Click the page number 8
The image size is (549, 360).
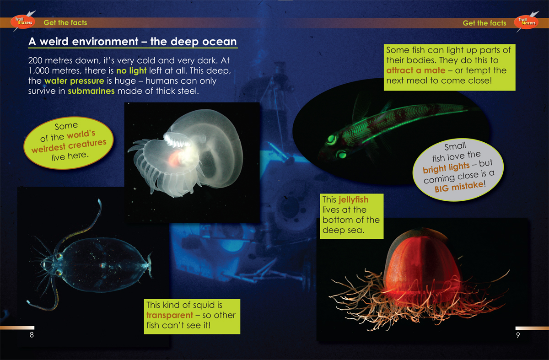click(32, 335)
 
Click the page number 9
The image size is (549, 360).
click(518, 335)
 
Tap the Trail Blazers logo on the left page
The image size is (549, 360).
click(23, 21)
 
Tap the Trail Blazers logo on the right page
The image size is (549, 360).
click(527, 22)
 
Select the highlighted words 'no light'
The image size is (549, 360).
click(131, 71)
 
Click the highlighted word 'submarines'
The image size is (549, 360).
click(91, 91)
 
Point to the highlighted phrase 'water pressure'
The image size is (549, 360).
click(74, 81)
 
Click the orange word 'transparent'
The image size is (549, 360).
click(170, 315)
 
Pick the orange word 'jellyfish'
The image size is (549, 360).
click(353, 200)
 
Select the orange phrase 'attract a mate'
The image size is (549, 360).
click(416, 70)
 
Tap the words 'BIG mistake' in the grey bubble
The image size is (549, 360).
click(459, 186)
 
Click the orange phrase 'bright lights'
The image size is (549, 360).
click(446, 167)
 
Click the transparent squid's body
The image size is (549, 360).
click(103, 265)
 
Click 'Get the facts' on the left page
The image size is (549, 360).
click(65, 23)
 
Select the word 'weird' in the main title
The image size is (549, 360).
click(55, 42)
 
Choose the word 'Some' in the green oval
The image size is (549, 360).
click(66, 126)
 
